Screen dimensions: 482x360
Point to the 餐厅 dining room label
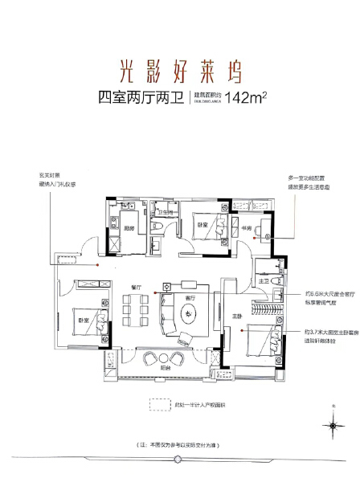coord(136,287)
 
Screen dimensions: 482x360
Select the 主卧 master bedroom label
coord(227,316)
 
